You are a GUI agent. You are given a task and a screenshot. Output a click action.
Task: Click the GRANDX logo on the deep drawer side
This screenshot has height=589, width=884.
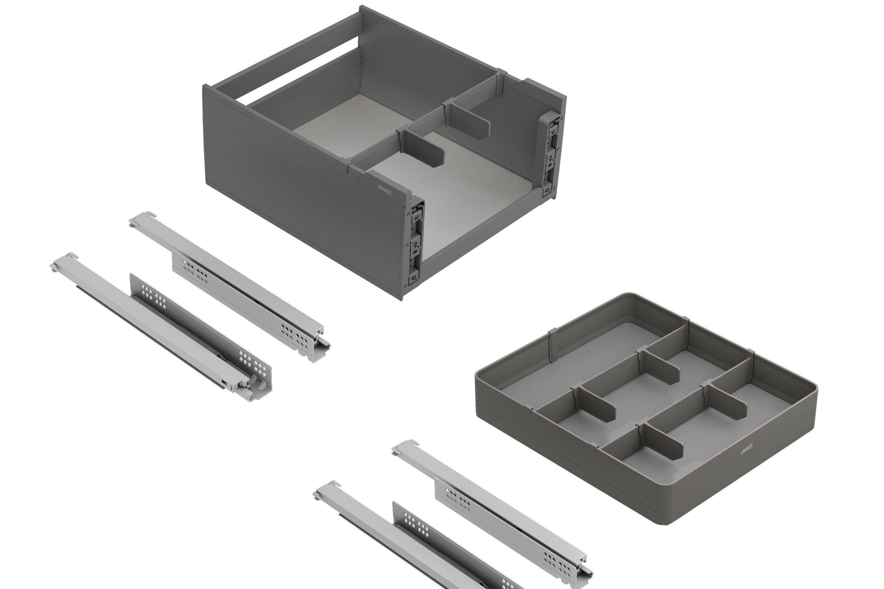[384, 190]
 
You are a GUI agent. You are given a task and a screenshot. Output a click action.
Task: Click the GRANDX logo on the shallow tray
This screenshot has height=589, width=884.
[747, 449]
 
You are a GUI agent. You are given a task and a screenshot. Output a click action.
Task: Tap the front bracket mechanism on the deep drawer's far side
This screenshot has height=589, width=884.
[551, 154]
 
